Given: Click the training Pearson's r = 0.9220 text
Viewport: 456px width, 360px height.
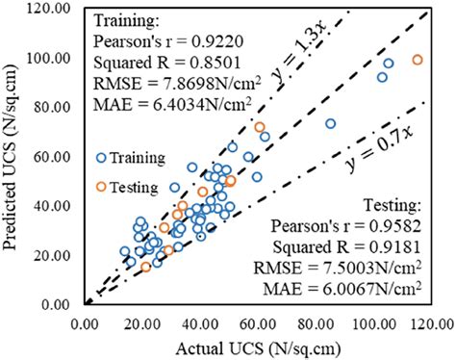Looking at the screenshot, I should (158, 41).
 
